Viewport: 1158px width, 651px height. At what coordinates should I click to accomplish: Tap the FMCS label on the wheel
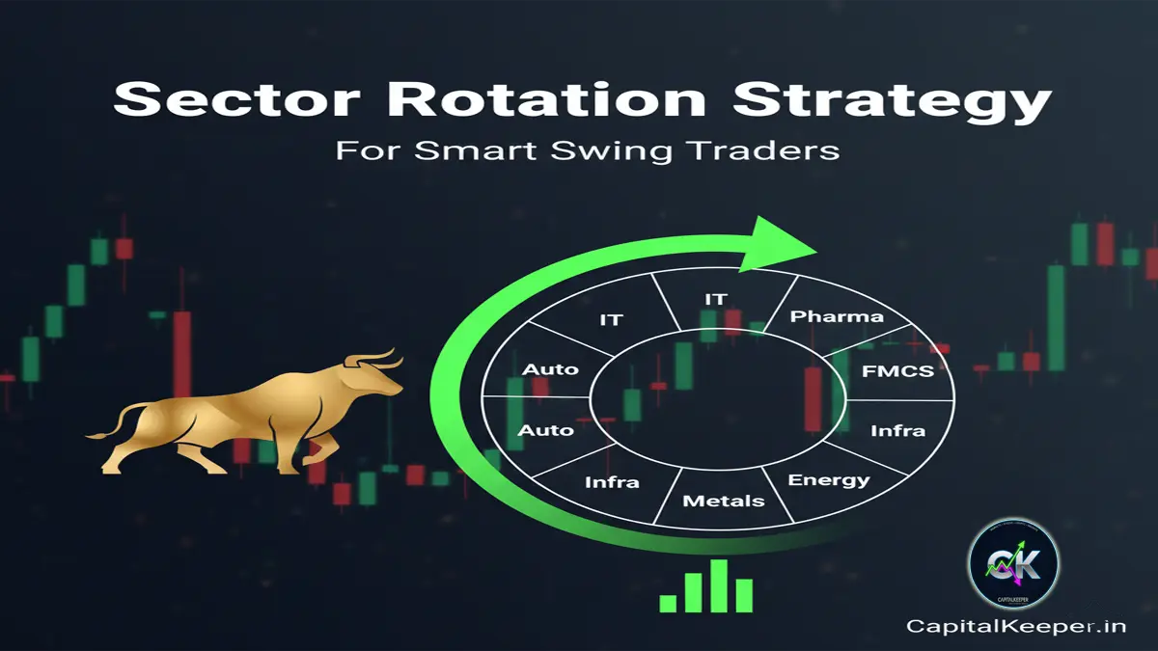click(896, 368)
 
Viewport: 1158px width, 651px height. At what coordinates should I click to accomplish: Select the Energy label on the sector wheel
click(829, 480)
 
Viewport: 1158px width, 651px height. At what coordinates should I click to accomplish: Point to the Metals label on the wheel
click(724, 501)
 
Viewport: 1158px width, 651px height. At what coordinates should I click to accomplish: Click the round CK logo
click(1012, 563)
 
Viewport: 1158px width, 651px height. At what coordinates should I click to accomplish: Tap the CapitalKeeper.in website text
click(1016, 626)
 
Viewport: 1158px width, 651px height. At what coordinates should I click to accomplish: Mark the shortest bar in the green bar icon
click(668, 602)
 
